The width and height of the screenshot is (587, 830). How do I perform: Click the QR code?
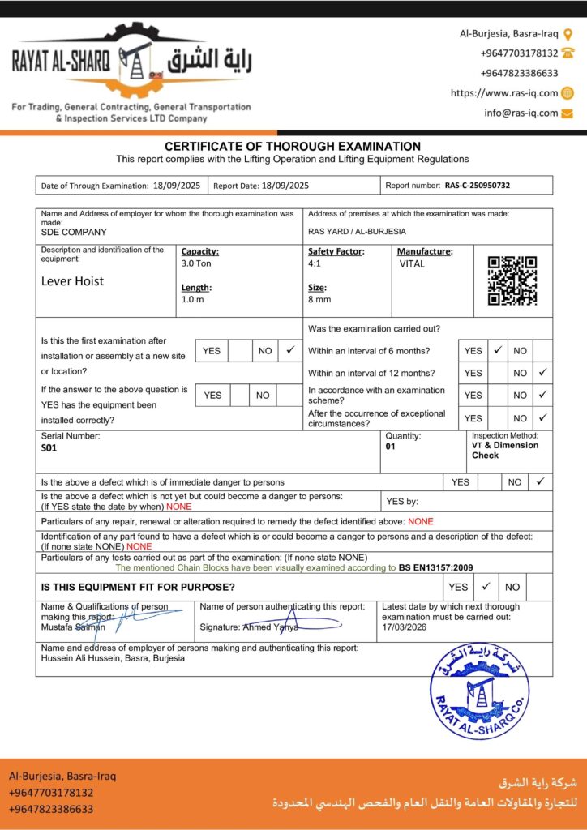(512, 280)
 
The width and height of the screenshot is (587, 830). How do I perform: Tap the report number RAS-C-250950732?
(478, 186)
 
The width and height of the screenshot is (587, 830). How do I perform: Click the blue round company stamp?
(479, 691)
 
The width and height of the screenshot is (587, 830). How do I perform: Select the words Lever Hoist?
(73, 282)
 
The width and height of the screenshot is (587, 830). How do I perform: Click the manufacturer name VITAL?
(412, 264)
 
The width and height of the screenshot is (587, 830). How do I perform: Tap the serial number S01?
(49, 447)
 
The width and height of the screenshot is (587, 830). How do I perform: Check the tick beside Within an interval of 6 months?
(499, 351)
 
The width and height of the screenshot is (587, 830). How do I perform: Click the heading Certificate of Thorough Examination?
(293, 147)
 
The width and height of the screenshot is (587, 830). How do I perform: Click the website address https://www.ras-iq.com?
(504, 93)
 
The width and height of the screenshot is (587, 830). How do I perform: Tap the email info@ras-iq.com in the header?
(521, 113)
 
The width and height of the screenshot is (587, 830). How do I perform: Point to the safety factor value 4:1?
(314, 263)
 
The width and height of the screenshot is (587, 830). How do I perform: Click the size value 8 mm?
(319, 299)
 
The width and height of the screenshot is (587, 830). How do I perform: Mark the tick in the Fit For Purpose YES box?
(486, 586)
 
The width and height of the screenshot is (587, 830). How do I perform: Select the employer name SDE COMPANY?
(74, 232)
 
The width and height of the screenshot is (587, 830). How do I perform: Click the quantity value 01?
(391, 447)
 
